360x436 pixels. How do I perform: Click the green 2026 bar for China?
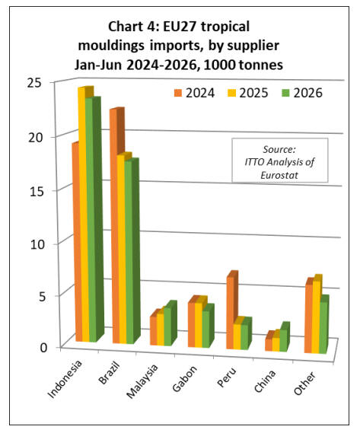click(x=284, y=337)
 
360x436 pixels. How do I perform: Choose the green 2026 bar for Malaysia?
click(x=169, y=324)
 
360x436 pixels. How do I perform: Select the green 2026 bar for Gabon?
click(x=206, y=326)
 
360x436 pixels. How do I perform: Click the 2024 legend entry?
click(x=194, y=93)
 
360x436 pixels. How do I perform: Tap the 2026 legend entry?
click(x=302, y=93)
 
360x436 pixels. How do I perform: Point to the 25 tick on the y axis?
click(x=34, y=83)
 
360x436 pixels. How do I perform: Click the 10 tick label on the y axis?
click(x=37, y=244)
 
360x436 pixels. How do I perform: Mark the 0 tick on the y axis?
click(x=43, y=348)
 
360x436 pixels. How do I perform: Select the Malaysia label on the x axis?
click(x=142, y=381)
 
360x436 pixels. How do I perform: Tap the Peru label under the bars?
click(x=227, y=377)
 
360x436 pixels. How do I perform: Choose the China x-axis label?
click(x=265, y=381)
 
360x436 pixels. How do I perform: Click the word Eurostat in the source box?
click(x=279, y=175)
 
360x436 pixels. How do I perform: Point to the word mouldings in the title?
click(x=111, y=46)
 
